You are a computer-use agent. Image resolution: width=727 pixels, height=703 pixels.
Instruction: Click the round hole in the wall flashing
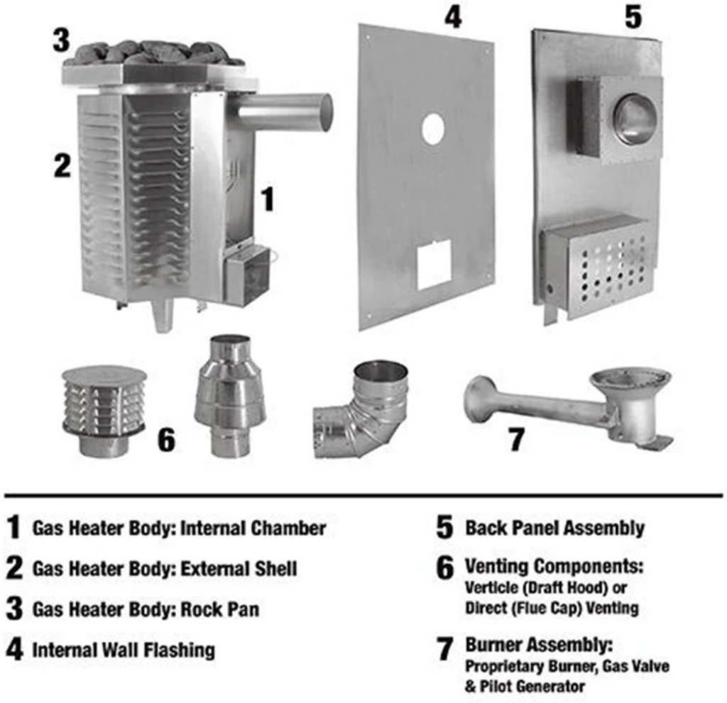click(432, 129)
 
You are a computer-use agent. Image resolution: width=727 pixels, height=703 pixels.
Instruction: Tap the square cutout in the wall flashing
click(434, 264)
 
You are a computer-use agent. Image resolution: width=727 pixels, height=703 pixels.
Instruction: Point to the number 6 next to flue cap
click(165, 440)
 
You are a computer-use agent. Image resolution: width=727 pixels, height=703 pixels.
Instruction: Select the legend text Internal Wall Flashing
click(124, 650)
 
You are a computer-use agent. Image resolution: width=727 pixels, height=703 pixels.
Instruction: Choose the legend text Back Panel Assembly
click(554, 528)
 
